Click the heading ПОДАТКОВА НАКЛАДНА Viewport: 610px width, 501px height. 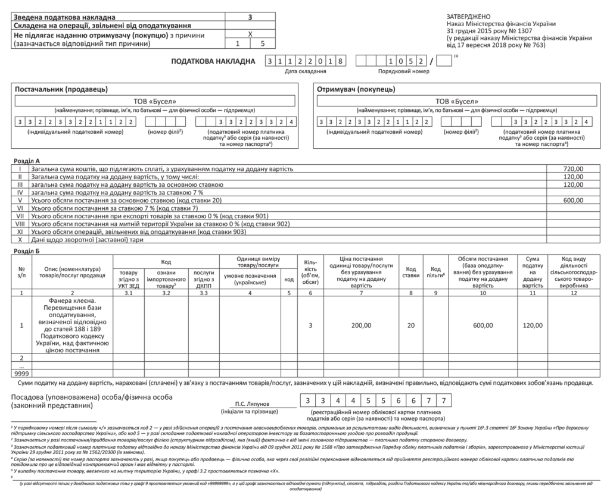pyautogui.click(x=213, y=61)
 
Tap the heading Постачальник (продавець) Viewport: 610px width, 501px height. pyautogui.click(x=61, y=89)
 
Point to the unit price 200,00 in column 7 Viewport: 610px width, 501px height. pyautogui.click(x=361, y=325)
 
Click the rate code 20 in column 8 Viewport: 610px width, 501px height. pyautogui.click(x=410, y=325)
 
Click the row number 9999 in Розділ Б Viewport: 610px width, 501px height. pyautogui.click(x=21, y=372)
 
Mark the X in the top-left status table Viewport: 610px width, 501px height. pyautogui.click(x=250, y=35)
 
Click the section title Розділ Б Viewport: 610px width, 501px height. pyautogui.click(x=26, y=250)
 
